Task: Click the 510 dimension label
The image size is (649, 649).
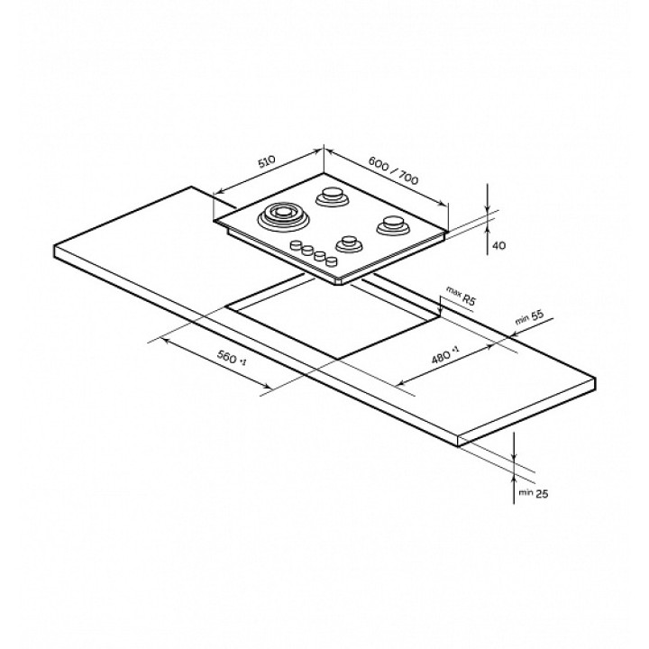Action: [267, 162]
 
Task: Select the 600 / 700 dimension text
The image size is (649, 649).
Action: [393, 171]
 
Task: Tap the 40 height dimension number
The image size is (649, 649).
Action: [499, 245]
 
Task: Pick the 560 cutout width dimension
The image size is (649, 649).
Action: [232, 358]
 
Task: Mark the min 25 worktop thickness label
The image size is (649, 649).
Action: [533, 493]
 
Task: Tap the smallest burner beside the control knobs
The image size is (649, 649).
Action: [350, 243]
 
